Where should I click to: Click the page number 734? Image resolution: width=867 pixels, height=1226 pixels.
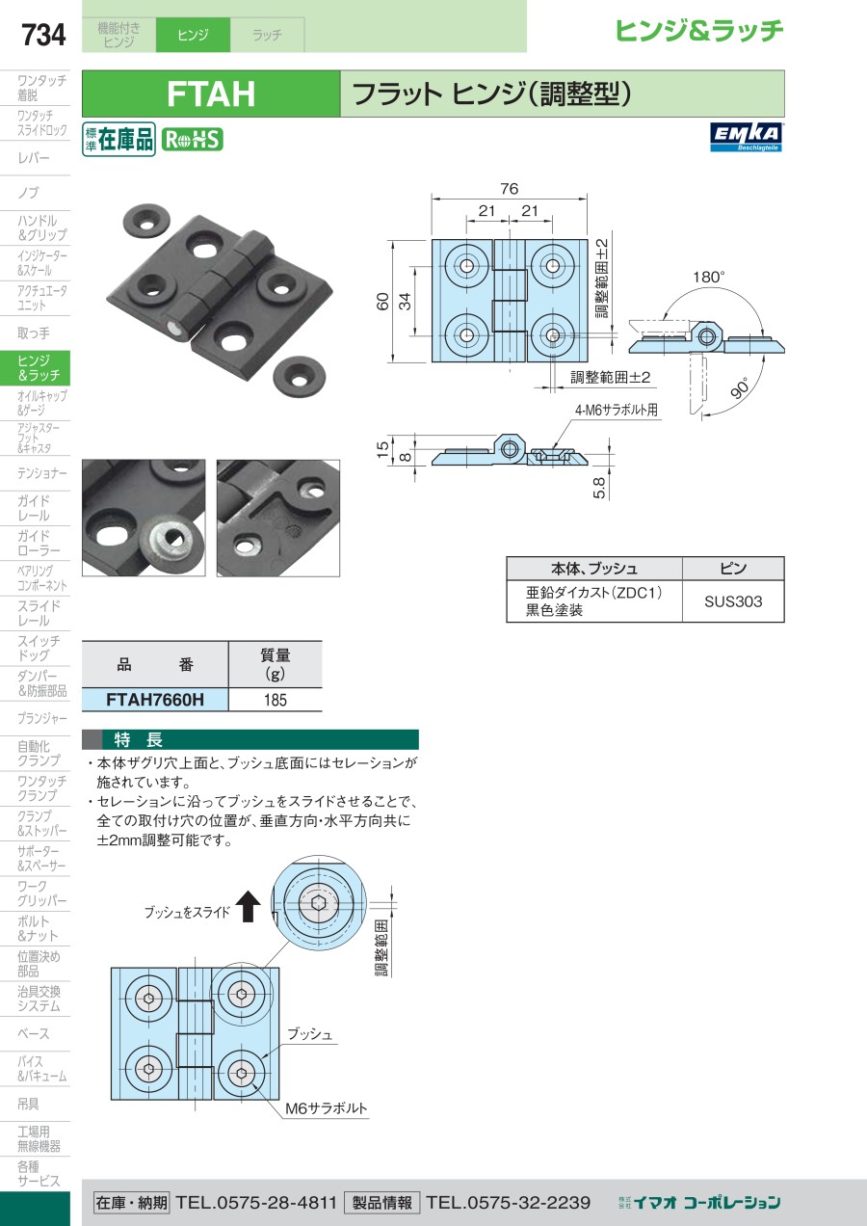[43, 36]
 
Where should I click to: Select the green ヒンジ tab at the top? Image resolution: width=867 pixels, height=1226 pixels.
[193, 35]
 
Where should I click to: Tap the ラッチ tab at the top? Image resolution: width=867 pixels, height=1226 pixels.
[267, 35]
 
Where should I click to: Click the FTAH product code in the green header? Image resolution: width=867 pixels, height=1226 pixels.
[211, 94]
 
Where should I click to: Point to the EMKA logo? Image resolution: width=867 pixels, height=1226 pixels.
[748, 137]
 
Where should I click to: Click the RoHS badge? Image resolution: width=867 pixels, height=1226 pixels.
[192, 140]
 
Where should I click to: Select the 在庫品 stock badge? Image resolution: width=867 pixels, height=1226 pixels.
[119, 140]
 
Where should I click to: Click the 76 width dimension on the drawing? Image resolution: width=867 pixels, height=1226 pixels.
[510, 188]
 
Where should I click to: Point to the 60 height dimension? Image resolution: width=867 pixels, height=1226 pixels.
[383, 302]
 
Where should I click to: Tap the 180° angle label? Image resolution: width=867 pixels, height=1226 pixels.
[708, 277]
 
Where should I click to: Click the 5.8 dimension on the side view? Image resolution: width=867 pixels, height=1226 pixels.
[600, 488]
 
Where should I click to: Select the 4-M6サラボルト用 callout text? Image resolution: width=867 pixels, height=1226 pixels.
[617, 410]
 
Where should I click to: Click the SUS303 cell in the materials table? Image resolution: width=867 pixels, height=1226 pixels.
[733, 601]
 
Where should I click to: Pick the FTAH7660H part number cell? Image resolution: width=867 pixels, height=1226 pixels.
[155, 700]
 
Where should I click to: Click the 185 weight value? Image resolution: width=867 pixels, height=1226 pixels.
[276, 700]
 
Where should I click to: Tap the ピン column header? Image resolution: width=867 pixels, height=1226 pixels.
[733, 568]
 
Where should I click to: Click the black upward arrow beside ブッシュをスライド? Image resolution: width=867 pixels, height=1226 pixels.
[249, 906]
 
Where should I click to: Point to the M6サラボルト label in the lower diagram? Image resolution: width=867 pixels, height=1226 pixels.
[327, 1108]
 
